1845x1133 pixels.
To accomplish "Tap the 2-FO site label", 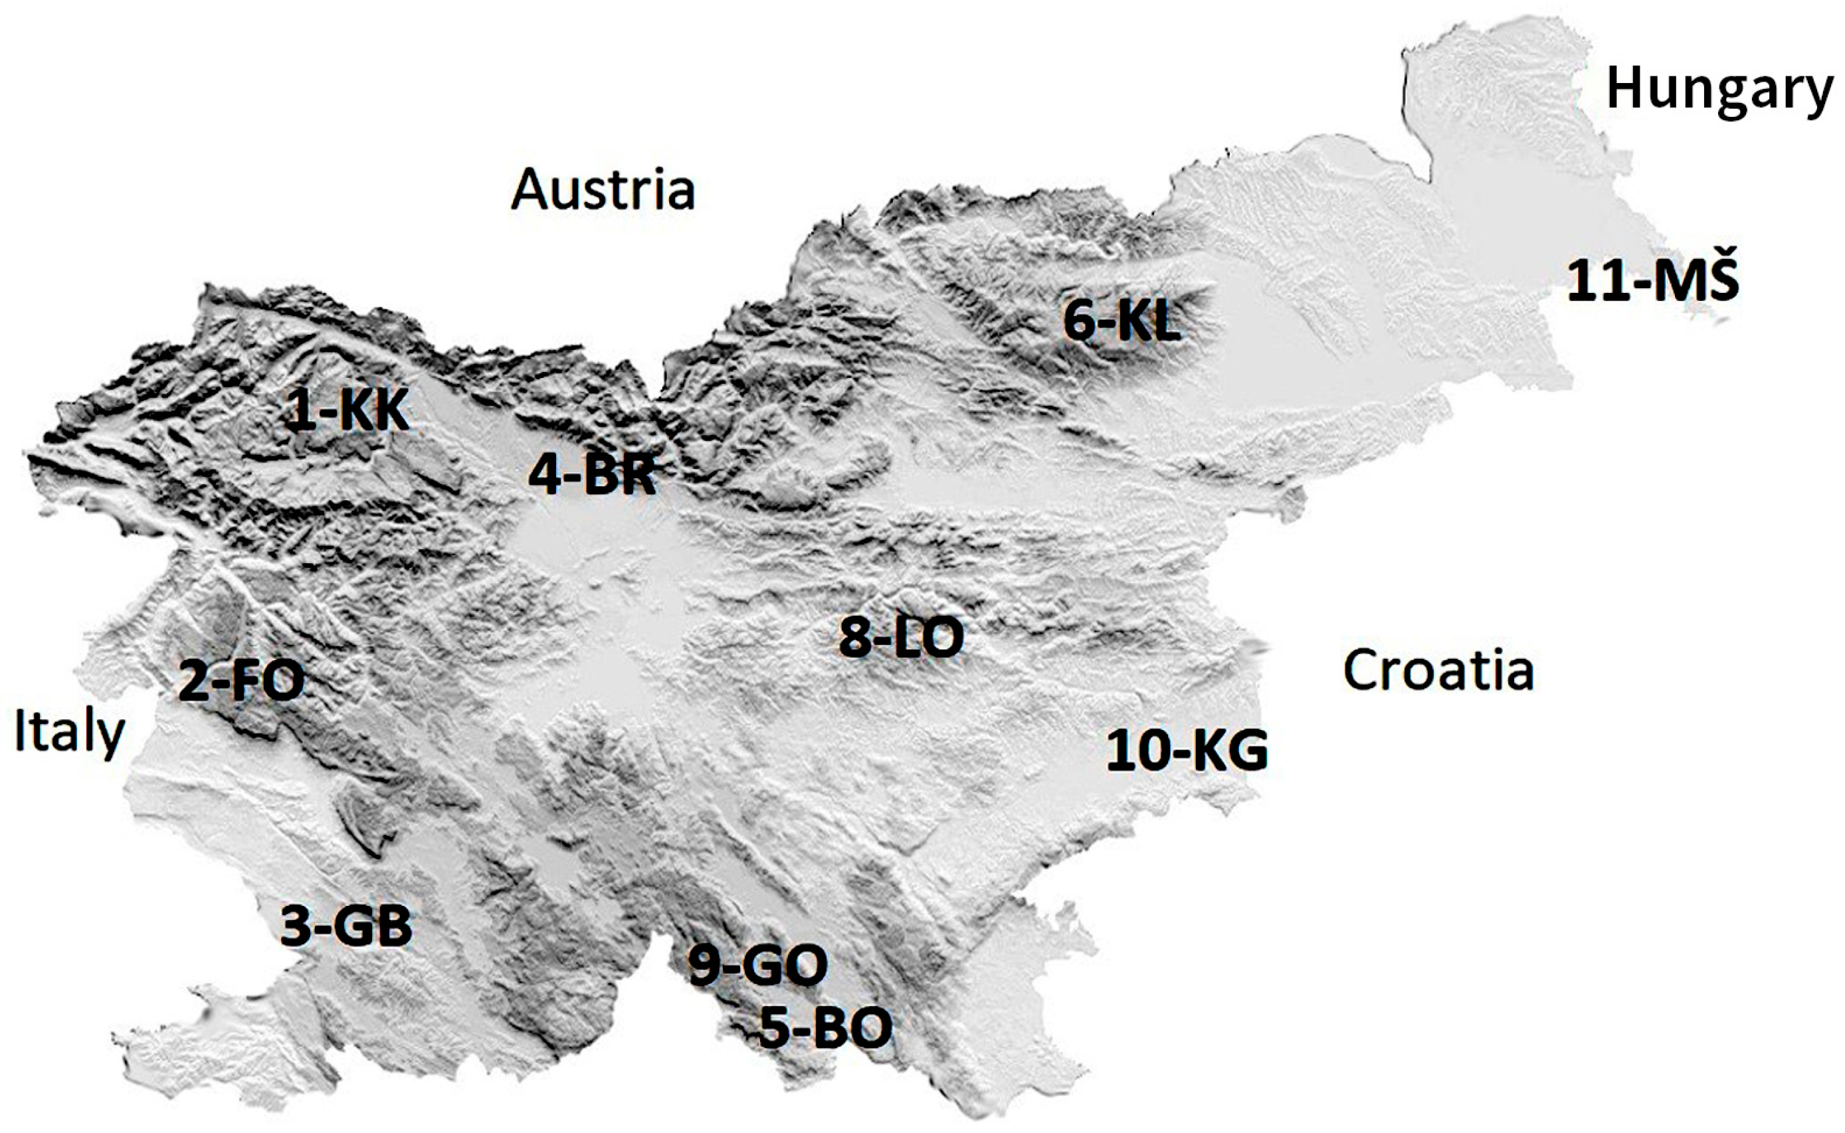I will click(241, 682).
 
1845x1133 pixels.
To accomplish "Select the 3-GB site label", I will click(346, 926).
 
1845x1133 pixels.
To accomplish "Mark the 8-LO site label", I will click(901, 638).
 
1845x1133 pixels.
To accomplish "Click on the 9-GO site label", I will click(758, 965).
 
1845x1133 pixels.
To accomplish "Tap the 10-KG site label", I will click(1188, 752).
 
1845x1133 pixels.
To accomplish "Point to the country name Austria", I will click(603, 189).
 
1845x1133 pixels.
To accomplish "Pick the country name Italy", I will click(69, 733).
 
